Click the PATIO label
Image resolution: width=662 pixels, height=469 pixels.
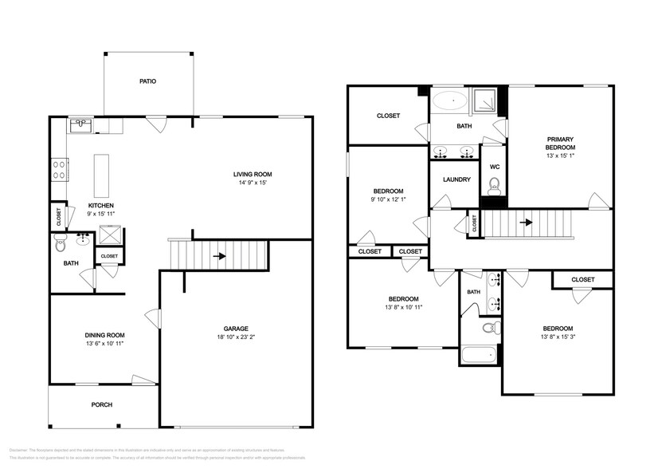(147, 81)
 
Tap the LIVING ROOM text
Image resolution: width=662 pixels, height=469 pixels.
(253, 175)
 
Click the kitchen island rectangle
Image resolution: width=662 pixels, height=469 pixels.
(101, 175)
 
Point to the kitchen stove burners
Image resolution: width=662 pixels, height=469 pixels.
(59, 169)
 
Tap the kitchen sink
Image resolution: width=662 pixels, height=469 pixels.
(80, 124)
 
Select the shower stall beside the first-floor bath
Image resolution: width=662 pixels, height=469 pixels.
(108, 237)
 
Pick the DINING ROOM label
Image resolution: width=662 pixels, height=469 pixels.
(105, 335)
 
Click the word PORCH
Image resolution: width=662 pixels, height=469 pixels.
(102, 405)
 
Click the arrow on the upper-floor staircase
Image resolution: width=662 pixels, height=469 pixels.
(527, 223)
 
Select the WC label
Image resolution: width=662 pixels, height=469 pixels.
(494, 167)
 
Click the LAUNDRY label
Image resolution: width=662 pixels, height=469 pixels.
(456, 179)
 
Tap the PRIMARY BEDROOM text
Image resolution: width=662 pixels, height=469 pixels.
(560, 144)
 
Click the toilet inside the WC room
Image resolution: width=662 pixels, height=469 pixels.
(494, 187)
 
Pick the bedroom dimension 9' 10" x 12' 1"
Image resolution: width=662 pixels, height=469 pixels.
(388, 199)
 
